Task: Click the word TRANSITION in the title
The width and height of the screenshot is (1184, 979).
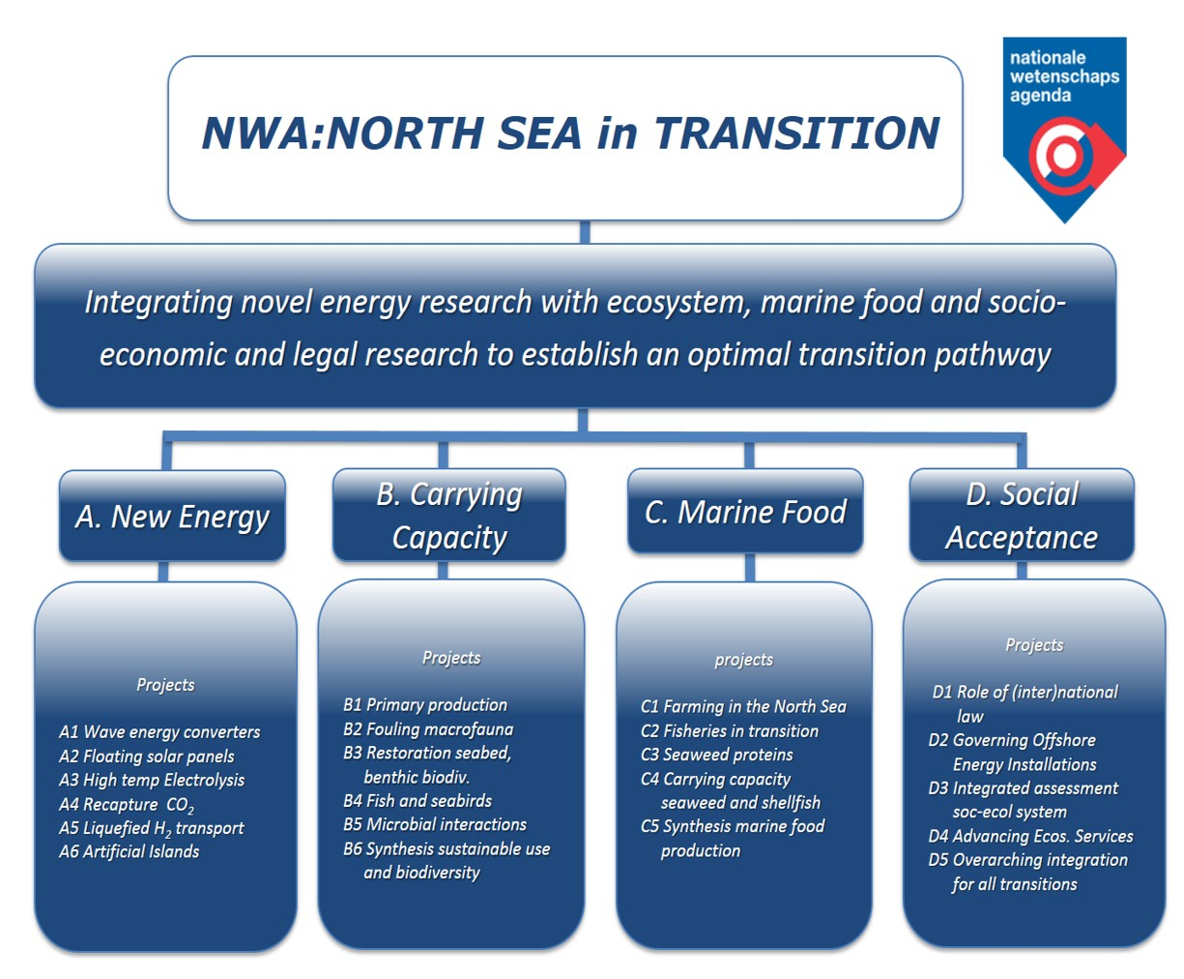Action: coord(797,133)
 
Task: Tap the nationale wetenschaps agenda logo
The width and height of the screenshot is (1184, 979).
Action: coord(1064,130)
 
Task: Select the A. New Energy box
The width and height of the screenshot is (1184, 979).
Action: coord(172,516)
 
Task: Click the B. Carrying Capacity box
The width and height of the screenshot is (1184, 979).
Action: coord(449,516)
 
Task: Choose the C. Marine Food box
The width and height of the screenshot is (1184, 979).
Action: coord(745,512)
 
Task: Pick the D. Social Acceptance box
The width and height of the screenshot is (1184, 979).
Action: coord(1022,516)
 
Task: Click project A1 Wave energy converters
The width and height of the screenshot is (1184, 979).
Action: coord(159,732)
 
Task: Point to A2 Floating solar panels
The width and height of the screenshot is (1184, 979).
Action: coord(147,756)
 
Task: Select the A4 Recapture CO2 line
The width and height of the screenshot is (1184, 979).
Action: coord(127,805)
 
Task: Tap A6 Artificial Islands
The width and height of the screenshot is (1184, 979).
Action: coord(130,851)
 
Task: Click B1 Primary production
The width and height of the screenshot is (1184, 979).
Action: coord(425,705)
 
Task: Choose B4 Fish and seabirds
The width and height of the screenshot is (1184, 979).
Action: coord(418,801)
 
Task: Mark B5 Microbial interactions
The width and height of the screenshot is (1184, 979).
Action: coord(435,824)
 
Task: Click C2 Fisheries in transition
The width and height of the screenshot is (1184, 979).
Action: coord(730,731)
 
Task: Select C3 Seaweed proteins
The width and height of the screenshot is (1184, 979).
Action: coord(717,755)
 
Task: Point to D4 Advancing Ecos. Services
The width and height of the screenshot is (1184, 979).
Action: coord(1031,836)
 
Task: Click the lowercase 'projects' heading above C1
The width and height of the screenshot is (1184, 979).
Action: coord(744,660)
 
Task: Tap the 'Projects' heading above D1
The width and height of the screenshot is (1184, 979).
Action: coord(1034,645)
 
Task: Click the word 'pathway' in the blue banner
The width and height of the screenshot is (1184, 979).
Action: coord(993,356)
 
